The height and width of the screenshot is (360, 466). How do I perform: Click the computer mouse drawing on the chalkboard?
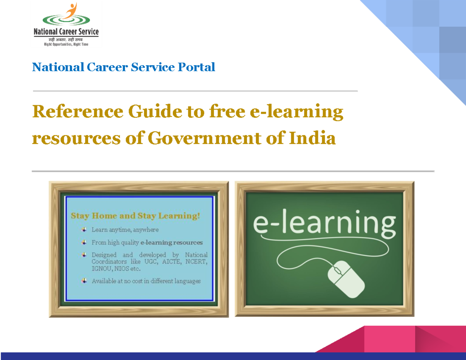[345, 278]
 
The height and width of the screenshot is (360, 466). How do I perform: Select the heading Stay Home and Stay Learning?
[135, 216]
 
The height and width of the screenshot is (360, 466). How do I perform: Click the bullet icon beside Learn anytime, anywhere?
[84, 229]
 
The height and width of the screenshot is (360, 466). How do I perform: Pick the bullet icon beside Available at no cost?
[84, 280]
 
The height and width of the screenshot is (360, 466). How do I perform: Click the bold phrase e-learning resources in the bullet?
[171, 242]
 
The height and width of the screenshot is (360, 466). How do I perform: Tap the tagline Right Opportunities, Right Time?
[65, 44]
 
